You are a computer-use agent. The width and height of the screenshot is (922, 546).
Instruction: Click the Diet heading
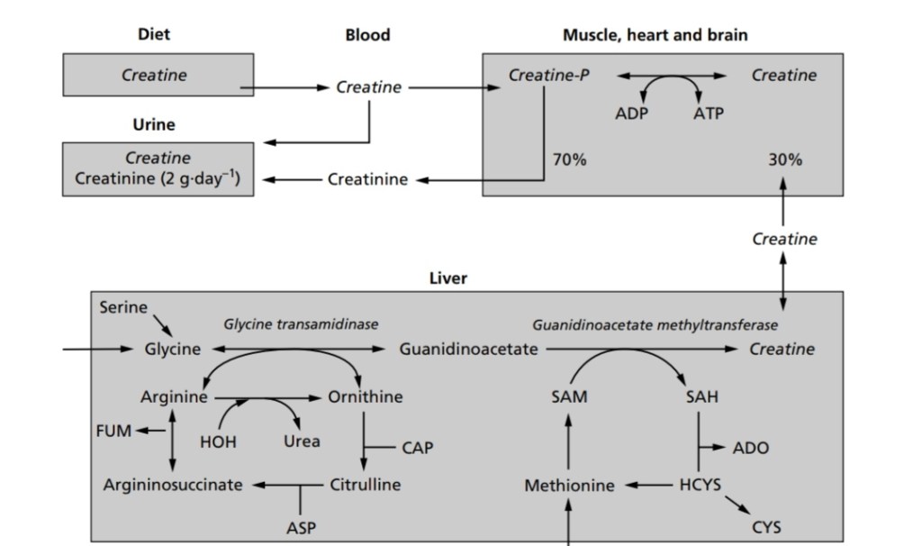pyautogui.click(x=154, y=34)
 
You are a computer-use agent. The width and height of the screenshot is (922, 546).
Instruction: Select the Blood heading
pyautogui.click(x=367, y=35)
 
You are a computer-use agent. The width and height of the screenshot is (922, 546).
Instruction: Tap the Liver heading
pyautogui.click(x=447, y=278)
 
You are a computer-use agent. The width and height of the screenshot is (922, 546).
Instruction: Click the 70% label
pyautogui.click(x=569, y=160)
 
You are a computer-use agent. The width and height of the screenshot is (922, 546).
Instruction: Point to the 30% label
pyautogui.click(x=785, y=160)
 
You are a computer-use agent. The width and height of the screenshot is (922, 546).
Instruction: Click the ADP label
pyautogui.click(x=631, y=114)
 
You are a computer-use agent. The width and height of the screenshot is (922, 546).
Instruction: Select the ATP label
pyautogui.click(x=708, y=114)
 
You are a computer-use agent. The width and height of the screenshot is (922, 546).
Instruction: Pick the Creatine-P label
pyautogui.click(x=549, y=76)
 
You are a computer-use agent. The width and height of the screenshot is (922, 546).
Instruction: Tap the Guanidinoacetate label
pyautogui.click(x=468, y=350)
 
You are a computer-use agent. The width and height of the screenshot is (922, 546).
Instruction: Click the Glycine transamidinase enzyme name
pyautogui.click(x=301, y=324)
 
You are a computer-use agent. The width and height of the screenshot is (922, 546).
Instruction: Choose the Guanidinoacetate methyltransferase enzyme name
pyautogui.click(x=655, y=324)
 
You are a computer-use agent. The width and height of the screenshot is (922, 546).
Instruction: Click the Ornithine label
pyautogui.click(x=366, y=397)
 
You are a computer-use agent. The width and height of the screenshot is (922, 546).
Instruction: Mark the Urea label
pyautogui.click(x=302, y=441)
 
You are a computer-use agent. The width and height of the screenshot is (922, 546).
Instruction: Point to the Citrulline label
pyautogui.click(x=366, y=485)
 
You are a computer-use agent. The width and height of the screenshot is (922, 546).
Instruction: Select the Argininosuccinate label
pyautogui.click(x=173, y=485)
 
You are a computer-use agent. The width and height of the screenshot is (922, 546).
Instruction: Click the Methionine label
pyautogui.click(x=569, y=486)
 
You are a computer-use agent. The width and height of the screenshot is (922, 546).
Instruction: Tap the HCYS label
pyautogui.click(x=701, y=485)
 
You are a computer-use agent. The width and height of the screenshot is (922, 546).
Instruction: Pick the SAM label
pyautogui.click(x=569, y=397)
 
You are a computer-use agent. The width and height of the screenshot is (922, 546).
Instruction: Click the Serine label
pyautogui.click(x=123, y=307)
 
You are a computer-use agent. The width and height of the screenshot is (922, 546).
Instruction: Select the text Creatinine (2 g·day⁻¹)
pyautogui.click(x=157, y=178)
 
